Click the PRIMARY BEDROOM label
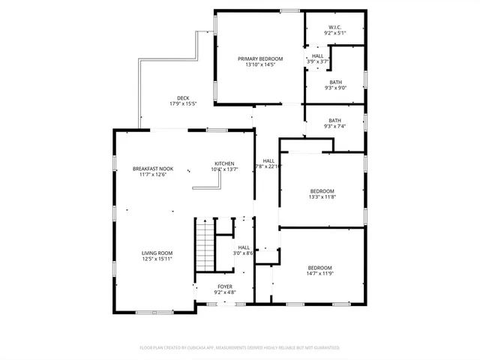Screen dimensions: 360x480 coord(260,58)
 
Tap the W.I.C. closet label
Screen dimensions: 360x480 coord(334,28)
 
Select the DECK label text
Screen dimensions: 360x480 coord(183,97)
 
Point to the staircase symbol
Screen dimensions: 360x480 coord(204,246)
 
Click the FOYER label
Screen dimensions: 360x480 coord(225,286)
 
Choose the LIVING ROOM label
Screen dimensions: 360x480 coord(157,253)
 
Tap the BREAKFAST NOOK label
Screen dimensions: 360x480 coord(153,169)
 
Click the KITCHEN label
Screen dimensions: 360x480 coord(224,163)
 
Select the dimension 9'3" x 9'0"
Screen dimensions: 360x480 coord(334,88)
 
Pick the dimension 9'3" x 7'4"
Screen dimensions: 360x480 coord(334,126)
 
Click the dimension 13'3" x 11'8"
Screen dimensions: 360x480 coord(322,197)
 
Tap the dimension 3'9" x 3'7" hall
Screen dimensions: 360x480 coord(317,61)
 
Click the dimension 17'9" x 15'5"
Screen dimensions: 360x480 coord(183,103)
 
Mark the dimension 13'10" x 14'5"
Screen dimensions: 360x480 coord(260,64)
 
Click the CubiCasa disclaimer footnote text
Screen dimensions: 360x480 coord(240,348)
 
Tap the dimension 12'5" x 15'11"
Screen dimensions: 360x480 coord(157,259)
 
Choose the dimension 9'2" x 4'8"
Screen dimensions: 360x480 coord(225,292)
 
